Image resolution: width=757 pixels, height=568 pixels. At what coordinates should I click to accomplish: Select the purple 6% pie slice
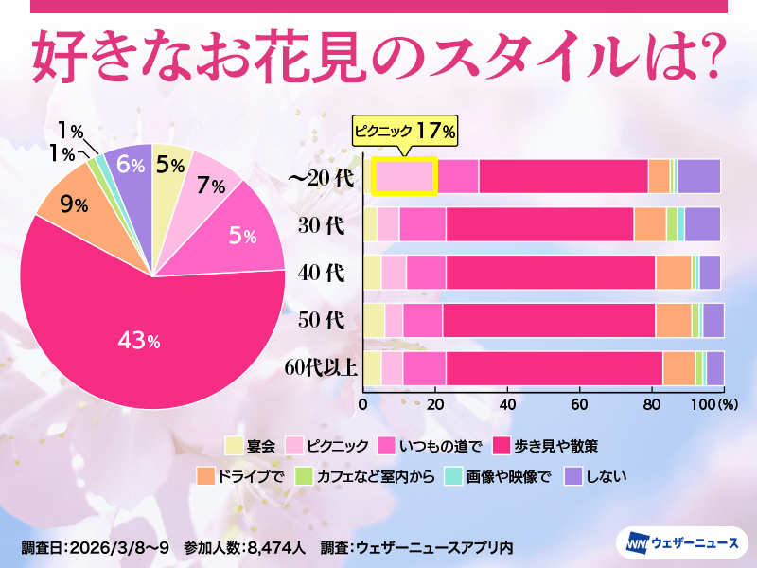click(x=128, y=165)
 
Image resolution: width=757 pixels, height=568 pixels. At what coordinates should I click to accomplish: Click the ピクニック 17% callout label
click(x=405, y=131)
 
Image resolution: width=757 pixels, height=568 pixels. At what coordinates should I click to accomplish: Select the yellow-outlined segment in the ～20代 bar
click(x=404, y=177)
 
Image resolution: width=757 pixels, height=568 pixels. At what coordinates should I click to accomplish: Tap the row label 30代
click(x=321, y=225)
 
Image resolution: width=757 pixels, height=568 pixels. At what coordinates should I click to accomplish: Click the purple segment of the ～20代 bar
click(x=698, y=177)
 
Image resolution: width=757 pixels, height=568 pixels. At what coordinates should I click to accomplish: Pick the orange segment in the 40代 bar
click(x=673, y=272)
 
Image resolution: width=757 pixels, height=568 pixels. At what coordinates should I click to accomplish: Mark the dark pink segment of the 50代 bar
click(x=549, y=320)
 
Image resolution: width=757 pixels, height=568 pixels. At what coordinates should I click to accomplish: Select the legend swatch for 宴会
click(x=234, y=445)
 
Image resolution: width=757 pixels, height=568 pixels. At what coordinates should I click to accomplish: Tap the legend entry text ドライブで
click(x=251, y=476)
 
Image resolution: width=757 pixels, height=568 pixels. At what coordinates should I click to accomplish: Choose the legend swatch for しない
click(x=572, y=476)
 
